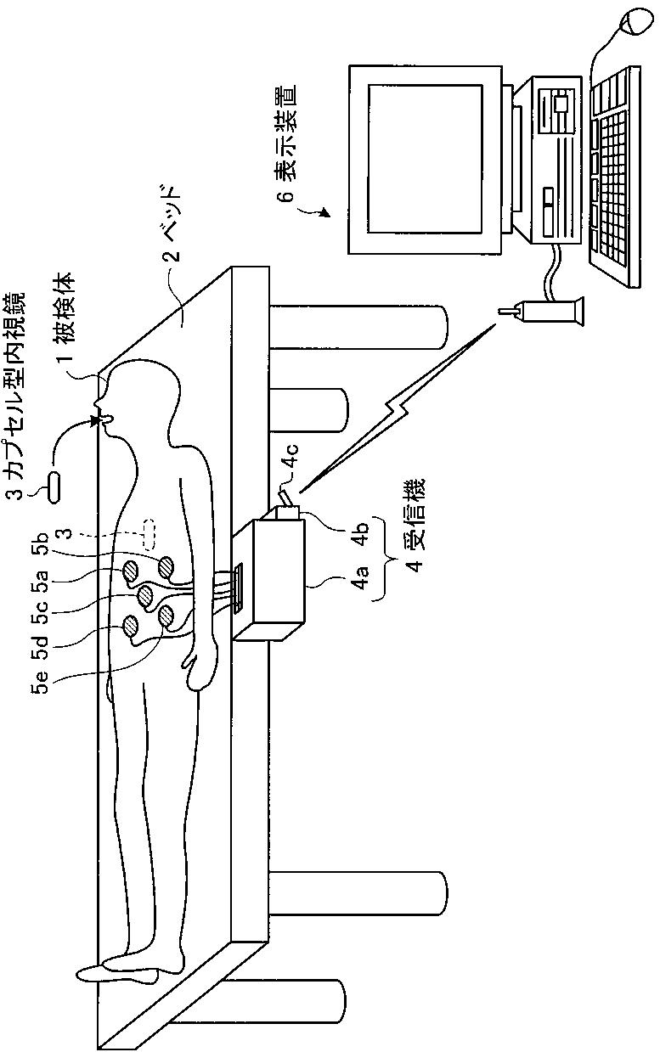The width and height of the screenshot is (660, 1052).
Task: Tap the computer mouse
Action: pyautogui.click(x=636, y=23)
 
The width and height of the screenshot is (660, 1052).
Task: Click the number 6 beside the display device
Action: pyautogui.click(x=289, y=197)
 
